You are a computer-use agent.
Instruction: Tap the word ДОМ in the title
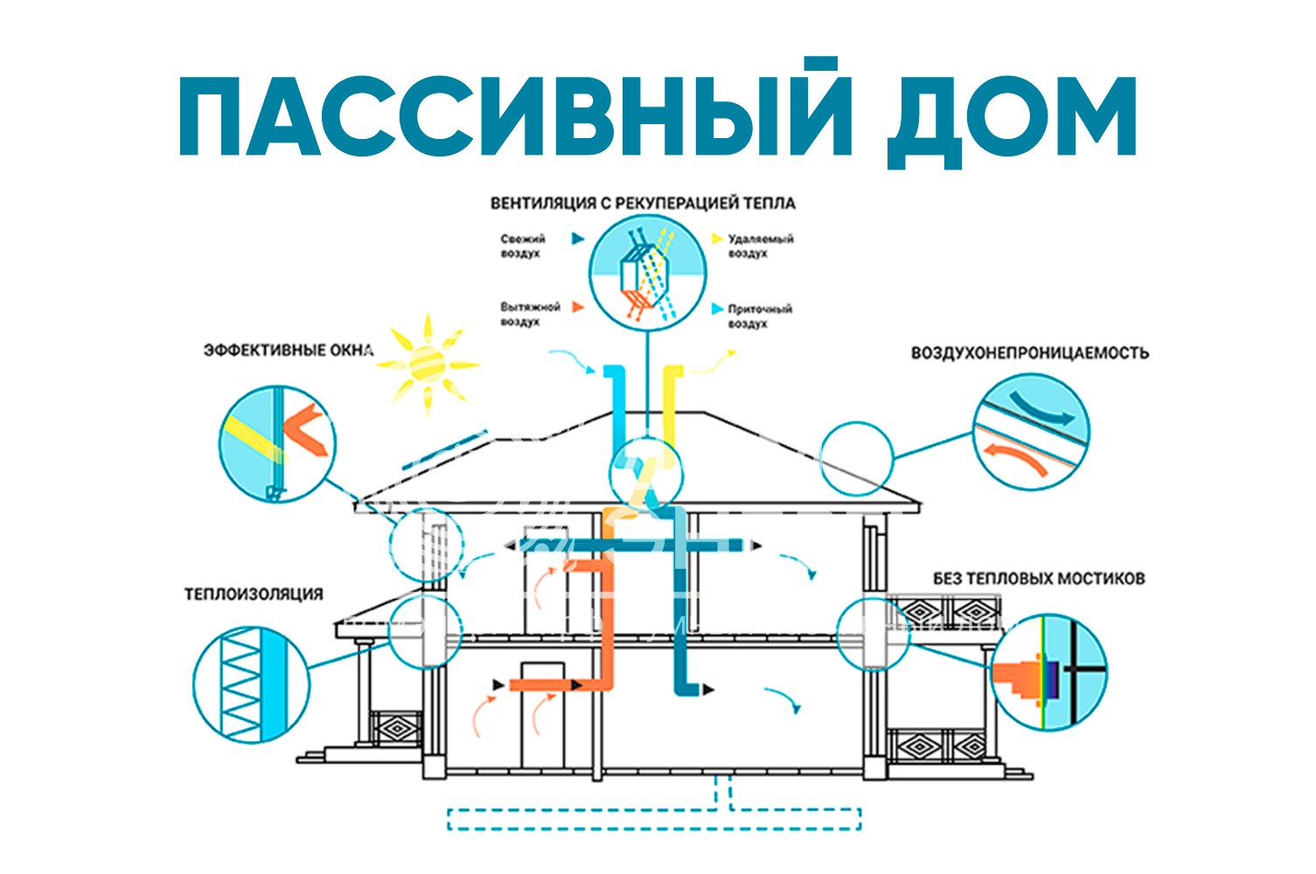1012,116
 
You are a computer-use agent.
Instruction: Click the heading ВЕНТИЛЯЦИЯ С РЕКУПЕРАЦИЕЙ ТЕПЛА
643,203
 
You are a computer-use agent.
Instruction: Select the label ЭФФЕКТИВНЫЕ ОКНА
289,350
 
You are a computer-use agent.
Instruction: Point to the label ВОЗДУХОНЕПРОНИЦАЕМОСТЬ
1029,353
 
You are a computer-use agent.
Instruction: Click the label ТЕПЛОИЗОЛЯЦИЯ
254,594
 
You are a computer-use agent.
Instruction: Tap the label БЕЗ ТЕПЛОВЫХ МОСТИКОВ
1038,579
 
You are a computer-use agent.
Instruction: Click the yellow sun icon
428,364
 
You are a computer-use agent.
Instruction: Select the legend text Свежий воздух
522,246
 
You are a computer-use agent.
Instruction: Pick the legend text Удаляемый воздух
760,246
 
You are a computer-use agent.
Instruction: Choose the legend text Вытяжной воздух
529,315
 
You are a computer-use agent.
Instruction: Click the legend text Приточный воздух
759,316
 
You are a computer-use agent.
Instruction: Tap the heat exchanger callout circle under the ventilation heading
647,271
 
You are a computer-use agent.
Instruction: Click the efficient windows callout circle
277,444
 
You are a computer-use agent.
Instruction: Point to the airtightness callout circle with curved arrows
1032,432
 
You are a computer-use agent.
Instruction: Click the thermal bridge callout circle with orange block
1049,671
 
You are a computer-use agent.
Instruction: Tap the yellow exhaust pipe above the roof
672,402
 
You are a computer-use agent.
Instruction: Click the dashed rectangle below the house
654,819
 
